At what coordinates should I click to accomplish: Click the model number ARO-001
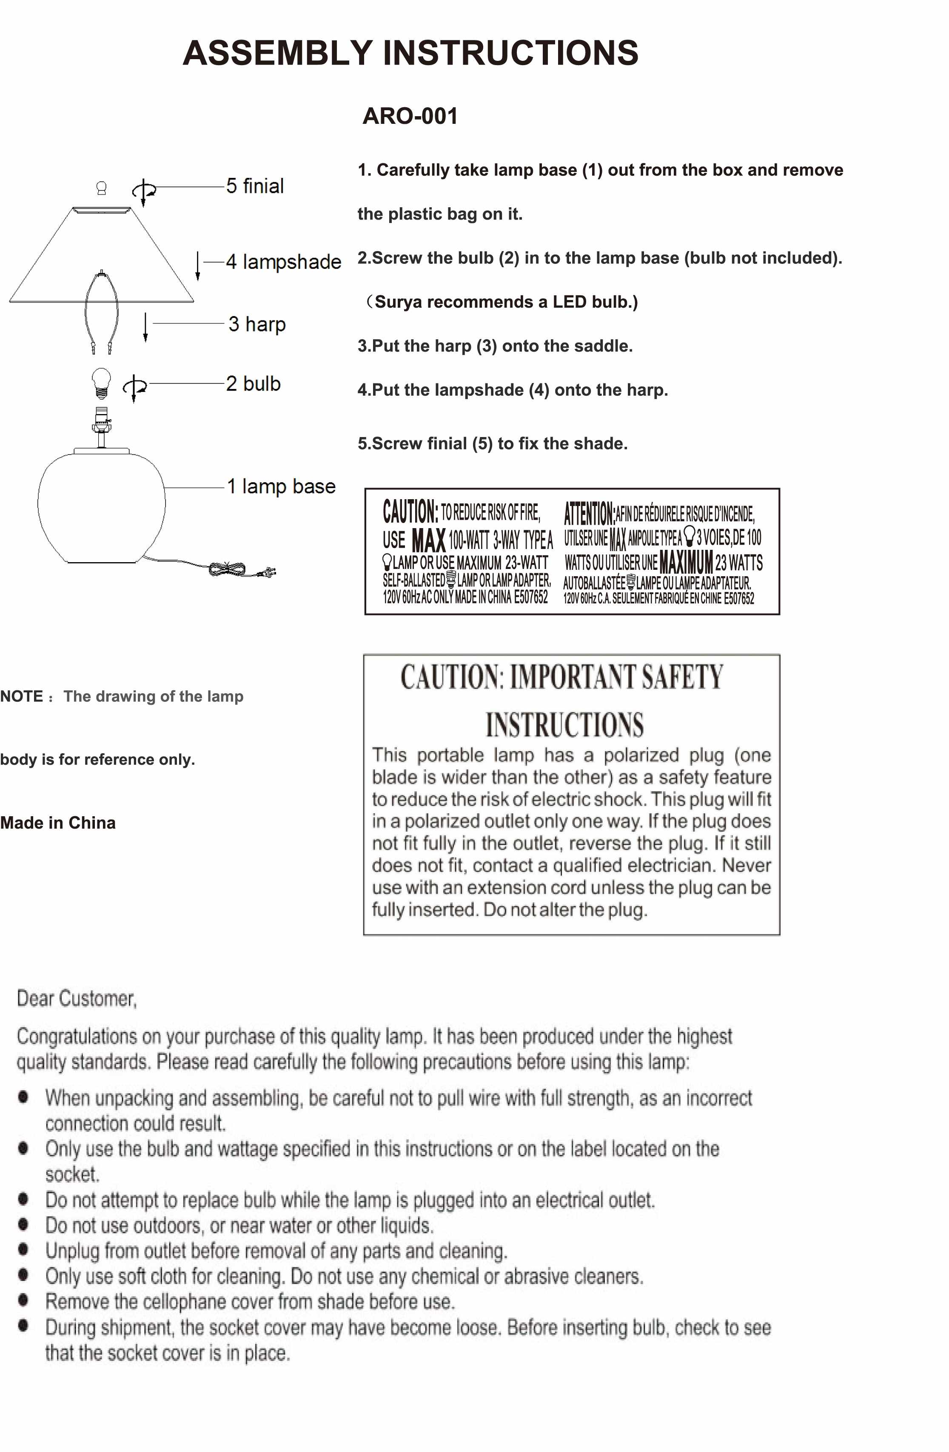click(x=410, y=116)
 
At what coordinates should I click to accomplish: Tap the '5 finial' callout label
click(x=255, y=186)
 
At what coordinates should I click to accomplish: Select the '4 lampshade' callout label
click(x=283, y=262)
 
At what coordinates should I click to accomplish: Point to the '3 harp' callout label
click(x=257, y=324)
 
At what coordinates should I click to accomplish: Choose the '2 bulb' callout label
click(x=253, y=384)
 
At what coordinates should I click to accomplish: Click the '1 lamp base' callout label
click(x=281, y=486)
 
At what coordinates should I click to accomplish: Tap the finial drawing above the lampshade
click(x=102, y=188)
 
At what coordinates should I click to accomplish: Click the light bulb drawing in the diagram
click(x=101, y=383)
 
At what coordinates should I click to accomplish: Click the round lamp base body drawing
click(x=101, y=506)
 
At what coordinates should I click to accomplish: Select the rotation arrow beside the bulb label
click(x=135, y=387)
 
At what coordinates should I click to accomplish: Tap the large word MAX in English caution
click(x=429, y=540)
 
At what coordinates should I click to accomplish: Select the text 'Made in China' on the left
click(x=58, y=823)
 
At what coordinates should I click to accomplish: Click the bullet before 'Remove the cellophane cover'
click(x=23, y=1300)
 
